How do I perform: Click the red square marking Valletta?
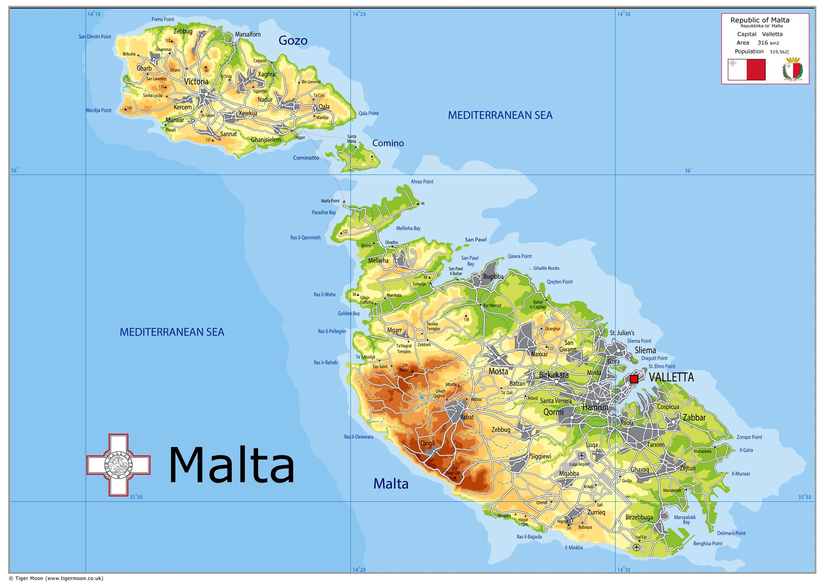634,379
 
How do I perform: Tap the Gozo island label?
293,40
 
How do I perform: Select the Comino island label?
388,143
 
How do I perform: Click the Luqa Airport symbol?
581,456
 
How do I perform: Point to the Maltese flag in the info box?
746,70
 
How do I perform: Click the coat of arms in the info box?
793,70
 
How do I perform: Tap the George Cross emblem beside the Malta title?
119,465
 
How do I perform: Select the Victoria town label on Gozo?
196,81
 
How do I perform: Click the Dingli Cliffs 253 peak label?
453,470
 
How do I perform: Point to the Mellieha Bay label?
408,228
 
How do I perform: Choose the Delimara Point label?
731,533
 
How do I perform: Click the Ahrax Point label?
422,182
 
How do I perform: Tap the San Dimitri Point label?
95,37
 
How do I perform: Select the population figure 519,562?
779,52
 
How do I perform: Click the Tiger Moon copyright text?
56,578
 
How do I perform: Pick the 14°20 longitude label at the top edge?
359,14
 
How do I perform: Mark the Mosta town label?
498,371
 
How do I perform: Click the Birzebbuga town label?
639,517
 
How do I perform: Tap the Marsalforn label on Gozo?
248,34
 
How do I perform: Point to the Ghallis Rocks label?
546,268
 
